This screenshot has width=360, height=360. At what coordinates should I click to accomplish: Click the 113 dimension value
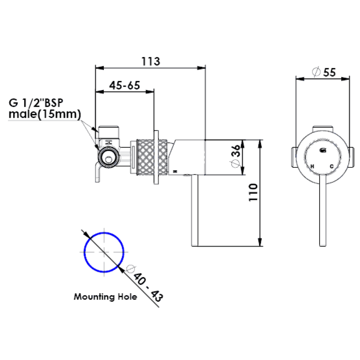click(150, 62)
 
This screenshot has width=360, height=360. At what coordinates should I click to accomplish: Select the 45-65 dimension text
click(124, 85)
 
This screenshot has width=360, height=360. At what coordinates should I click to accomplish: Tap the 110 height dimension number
click(254, 192)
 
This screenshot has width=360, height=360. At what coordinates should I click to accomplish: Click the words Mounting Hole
click(105, 297)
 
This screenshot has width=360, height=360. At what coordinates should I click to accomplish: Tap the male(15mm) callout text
click(44, 114)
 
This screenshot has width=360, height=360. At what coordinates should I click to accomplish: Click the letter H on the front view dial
click(312, 166)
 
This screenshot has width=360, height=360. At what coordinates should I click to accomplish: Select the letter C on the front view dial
click(331, 166)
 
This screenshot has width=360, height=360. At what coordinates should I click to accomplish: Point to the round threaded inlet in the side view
click(108, 157)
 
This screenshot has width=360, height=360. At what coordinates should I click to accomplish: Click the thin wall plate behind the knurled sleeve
click(155, 156)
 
